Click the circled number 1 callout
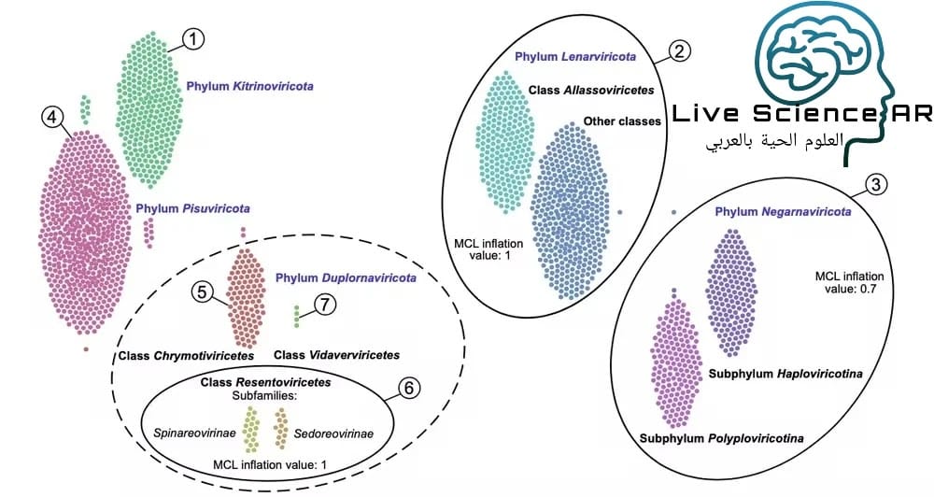(x=192, y=38)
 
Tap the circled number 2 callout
(x=680, y=51)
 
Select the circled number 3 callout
(x=874, y=184)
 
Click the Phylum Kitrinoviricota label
(x=249, y=86)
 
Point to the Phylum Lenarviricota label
(x=575, y=56)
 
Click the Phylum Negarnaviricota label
(x=783, y=212)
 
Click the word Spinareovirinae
(x=194, y=434)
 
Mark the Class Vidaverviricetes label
(x=336, y=355)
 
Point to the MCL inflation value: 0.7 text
(x=849, y=282)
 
